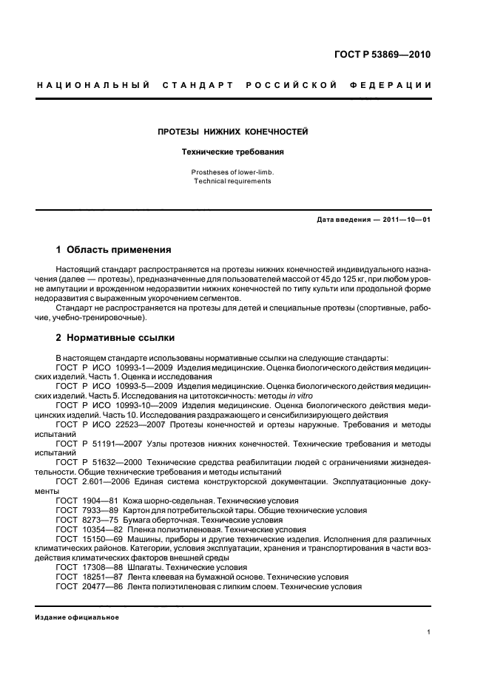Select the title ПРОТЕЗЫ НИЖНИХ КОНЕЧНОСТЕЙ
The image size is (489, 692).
tap(233, 132)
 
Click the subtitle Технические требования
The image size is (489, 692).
tap(233, 152)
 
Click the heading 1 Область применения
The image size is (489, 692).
tap(114, 250)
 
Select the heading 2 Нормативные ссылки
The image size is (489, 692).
tap(115, 338)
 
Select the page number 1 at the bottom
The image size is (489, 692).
tap(429, 632)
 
